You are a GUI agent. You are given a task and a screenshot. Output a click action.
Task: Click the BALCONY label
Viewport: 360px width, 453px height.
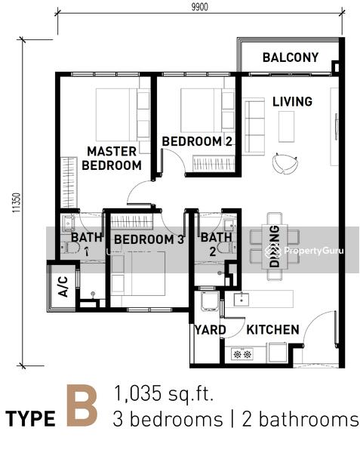(291, 57)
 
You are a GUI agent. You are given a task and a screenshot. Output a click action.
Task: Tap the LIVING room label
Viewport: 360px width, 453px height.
(292, 101)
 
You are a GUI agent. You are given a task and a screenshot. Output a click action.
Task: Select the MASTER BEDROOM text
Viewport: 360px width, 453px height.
(112, 159)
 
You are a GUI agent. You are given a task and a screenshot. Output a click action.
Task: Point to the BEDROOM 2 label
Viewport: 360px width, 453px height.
(197, 141)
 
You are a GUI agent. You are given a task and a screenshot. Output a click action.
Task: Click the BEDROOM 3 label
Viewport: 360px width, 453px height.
(149, 239)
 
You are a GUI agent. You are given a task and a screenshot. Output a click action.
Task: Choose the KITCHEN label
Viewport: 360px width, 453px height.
(272, 330)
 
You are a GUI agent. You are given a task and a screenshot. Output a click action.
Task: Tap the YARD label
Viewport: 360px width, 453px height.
(210, 330)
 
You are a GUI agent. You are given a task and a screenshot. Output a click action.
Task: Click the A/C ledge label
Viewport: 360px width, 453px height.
(63, 287)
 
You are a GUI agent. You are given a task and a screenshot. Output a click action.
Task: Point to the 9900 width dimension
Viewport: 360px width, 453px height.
(199, 7)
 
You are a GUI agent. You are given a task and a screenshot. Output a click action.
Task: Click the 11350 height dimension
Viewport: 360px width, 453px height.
(17, 203)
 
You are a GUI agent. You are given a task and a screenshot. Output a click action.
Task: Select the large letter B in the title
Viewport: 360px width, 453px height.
(82, 406)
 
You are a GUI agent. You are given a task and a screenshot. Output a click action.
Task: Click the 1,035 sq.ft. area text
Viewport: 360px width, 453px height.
(164, 393)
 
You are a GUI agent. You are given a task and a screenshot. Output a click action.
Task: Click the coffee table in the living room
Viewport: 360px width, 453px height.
(286, 127)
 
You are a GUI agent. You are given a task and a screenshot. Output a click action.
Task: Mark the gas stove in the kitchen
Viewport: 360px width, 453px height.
(242, 353)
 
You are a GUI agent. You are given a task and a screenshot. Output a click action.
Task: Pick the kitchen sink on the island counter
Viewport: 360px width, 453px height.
(241, 299)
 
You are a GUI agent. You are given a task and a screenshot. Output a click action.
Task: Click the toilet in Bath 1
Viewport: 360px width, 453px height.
(70, 248)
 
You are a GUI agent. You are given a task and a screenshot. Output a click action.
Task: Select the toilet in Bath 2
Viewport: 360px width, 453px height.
(226, 248)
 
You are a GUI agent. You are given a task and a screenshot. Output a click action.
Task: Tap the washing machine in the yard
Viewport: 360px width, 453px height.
(210, 301)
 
